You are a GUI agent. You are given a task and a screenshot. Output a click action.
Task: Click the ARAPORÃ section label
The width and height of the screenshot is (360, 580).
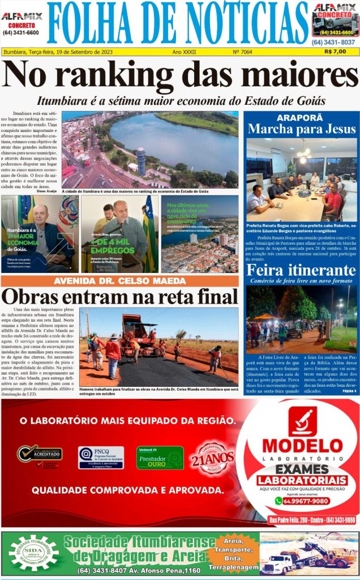tap(300, 117)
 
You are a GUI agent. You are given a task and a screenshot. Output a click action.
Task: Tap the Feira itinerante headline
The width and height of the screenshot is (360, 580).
tap(301, 270)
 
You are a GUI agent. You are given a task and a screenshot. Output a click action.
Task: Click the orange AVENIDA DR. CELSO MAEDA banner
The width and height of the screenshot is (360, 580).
tap(119, 281)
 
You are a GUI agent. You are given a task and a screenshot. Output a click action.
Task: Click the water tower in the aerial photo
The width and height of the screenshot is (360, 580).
tap(140, 161)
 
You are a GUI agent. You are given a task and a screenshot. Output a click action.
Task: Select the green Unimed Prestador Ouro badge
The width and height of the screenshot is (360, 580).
tap(160, 457)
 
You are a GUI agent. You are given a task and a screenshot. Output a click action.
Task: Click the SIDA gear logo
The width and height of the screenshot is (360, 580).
tap(33, 553)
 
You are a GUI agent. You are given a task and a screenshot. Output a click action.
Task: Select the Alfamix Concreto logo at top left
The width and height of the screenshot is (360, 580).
tap(21, 23)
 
